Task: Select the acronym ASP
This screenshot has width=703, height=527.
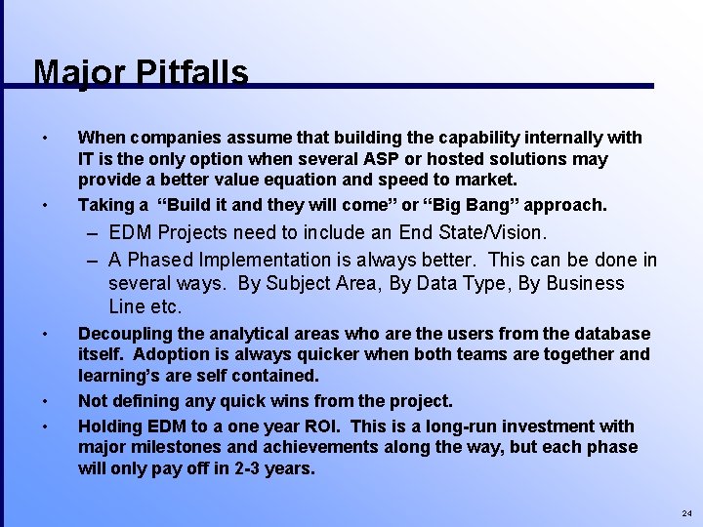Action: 379,158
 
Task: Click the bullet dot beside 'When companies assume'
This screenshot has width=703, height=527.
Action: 45,138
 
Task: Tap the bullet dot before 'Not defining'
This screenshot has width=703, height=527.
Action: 45,401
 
